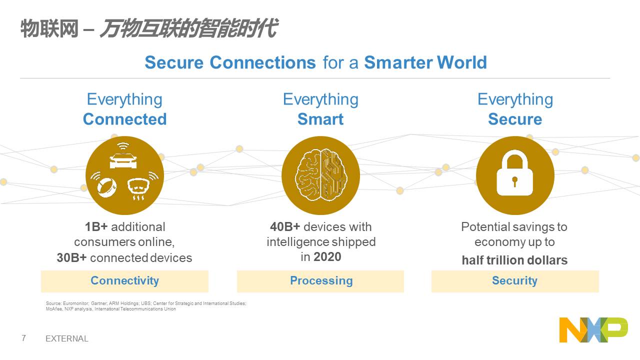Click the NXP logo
pyautogui.click(x=593, y=329)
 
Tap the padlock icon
pyautogui.click(x=515, y=173)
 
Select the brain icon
pyautogui.click(x=320, y=175)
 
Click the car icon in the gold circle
pyautogui.click(x=123, y=161)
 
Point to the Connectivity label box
pyautogui.click(x=124, y=281)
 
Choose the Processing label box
pyautogui.click(x=320, y=281)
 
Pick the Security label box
pyautogui.click(x=515, y=281)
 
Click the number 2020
pyautogui.click(x=327, y=256)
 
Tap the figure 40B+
pyautogui.click(x=285, y=227)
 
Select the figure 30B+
pyautogui.click(x=71, y=257)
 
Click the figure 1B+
pyautogui.click(x=96, y=227)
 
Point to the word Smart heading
pyautogui.click(x=320, y=119)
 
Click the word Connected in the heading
pyautogui.click(x=125, y=119)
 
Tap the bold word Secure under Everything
pyautogui.click(x=515, y=119)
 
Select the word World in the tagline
pyautogui.click(x=461, y=62)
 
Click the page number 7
pyautogui.click(x=23, y=338)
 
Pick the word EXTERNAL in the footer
pyautogui.click(x=67, y=338)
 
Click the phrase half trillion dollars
pyautogui.click(x=515, y=260)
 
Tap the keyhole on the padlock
pyautogui.click(x=515, y=181)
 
